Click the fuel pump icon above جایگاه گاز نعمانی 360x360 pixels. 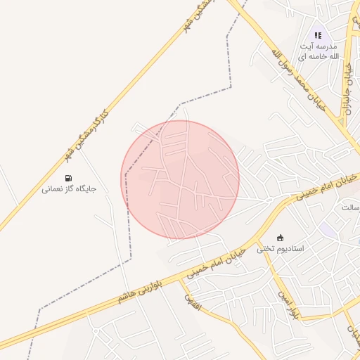[x=68, y=178]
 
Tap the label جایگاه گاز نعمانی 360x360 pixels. [x=68, y=188]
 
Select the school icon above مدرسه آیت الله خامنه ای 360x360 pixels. [x=318, y=35]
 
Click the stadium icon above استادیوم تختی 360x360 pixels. [x=280, y=237]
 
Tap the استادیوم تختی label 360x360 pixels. [x=279, y=248]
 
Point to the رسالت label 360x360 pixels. [x=349, y=208]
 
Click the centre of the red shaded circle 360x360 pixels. [x=180, y=179]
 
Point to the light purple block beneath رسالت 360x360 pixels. [x=328, y=229]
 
